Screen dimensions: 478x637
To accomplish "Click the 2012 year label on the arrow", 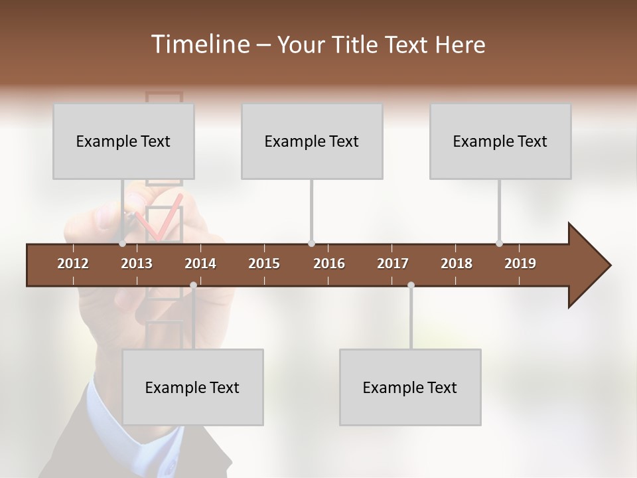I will tap(73, 264).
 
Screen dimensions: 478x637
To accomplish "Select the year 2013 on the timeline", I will tap(137, 264).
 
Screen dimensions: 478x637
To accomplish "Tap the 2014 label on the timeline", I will tap(200, 264).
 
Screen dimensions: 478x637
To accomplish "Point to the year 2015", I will tap(264, 264).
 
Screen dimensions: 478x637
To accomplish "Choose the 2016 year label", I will tap(329, 264).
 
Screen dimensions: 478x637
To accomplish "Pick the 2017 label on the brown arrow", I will tap(393, 264).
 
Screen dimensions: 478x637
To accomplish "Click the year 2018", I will tap(457, 264).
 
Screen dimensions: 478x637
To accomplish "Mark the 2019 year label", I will tap(520, 264).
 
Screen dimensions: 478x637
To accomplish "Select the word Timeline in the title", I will tap(199, 44).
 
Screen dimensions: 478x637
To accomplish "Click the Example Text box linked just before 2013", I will tap(123, 141).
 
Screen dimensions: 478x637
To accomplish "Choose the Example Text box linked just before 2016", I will tap(312, 141).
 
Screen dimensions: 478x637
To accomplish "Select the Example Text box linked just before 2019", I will tap(500, 141).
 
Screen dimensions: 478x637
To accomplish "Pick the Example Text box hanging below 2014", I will tap(192, 387).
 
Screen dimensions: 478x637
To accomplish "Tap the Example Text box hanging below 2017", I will tap(410, 387).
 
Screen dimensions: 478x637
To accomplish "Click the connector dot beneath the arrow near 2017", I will tap(411, 285).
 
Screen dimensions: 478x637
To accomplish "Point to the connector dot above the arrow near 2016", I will tap(311, 244).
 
